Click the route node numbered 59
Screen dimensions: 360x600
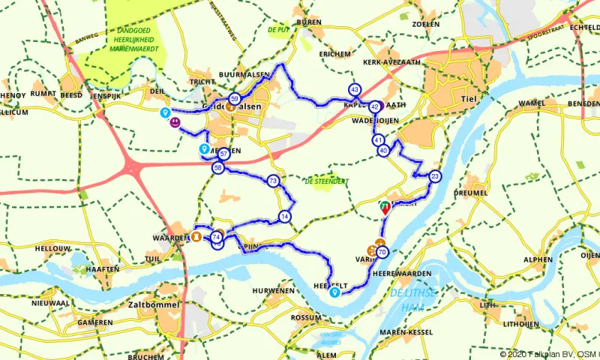coord(235,99)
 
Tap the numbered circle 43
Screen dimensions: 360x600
coord(355,89)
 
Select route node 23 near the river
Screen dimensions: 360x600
coord(435,177)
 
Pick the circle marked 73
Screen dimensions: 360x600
coord(273,181)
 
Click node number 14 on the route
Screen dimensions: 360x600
coord(284,217)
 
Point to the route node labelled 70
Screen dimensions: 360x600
coord(382,252)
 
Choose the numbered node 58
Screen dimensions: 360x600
coord(217,169)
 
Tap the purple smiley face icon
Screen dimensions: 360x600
coord(175,121)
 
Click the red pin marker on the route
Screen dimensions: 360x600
coord(385,208)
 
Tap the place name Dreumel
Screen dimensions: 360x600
coord(470,193)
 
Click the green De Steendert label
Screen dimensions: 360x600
coord(326,181)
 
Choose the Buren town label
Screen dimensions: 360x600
coord(308,23)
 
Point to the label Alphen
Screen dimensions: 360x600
coord(538,259)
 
